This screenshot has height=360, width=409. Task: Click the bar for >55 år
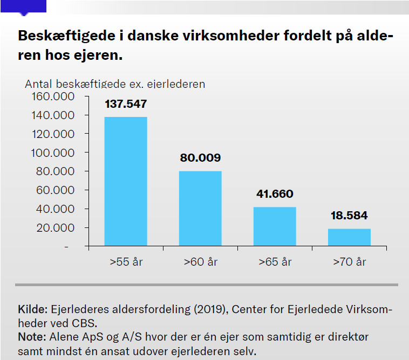[x=125, y=181]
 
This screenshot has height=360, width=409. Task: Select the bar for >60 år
[x=200, y=208]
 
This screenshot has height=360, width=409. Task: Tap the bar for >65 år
[x=275, y=226]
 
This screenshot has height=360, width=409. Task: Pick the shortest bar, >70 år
[x=349, y=237]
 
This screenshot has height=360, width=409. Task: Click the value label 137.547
[x=126, y=104]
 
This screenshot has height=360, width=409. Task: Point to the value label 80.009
[x=200, y=158]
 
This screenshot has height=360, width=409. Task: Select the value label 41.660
[x=275, y=194]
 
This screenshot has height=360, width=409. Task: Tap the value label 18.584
[x=349, y=216]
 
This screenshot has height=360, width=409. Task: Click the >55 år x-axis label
[x=126, y=262]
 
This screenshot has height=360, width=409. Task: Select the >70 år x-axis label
[x=349, y=262]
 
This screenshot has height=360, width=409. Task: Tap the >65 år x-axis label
[x=275, y=262]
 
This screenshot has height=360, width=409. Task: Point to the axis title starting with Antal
[x=115, y=84]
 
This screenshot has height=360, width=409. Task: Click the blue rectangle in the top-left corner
[x=23, y=6]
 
